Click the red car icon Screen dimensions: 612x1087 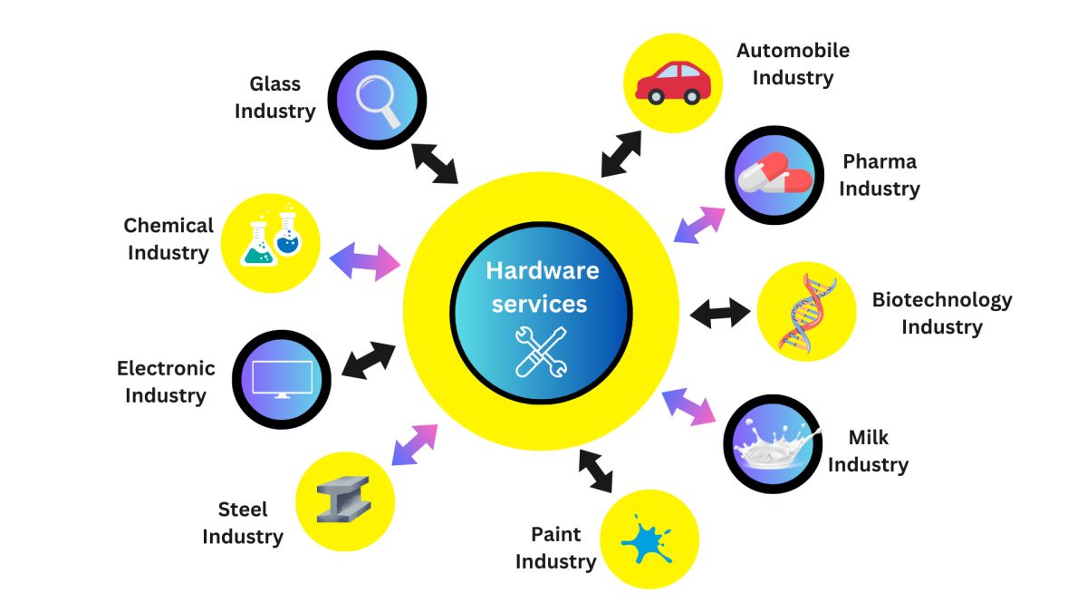point(673,83)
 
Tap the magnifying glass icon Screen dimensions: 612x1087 point(378,100)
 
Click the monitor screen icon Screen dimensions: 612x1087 point(282,379)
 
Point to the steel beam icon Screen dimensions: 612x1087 point(343,500)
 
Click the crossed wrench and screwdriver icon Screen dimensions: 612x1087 point(541,351)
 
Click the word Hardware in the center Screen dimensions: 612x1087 point(542,270)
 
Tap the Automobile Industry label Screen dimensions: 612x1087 point(793,63)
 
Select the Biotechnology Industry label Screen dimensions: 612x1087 point(941,313)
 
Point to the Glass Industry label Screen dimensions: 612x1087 point(274,97)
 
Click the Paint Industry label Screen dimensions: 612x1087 point(555,548)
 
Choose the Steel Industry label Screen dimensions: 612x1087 point(242,522)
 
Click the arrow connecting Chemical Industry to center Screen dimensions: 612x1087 point(364,261)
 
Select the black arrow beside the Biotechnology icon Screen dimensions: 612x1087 point(720,314)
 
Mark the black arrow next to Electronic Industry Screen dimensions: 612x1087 point(369,360)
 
